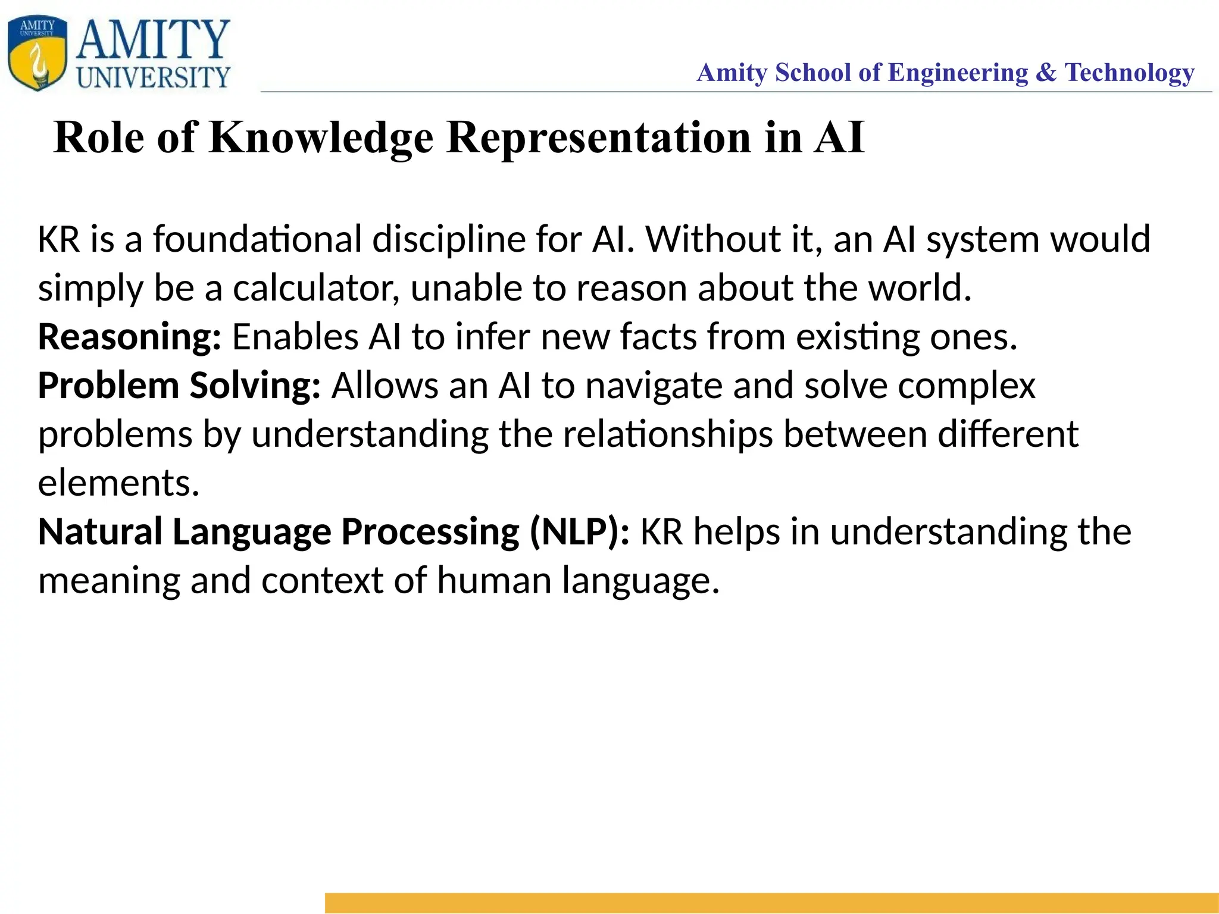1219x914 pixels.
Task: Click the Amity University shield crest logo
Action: point(37,54)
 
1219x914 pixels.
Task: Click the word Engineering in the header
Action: point(958,73)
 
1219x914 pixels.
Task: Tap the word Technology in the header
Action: point(1129,73)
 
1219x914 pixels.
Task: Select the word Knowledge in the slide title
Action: point(321,138)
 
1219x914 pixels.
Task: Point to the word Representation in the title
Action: point(599,138)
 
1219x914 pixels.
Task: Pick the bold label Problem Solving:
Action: point(179,386)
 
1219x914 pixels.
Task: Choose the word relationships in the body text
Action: point(667,434)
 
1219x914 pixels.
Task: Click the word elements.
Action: point(118,483)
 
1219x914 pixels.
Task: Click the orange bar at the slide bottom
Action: point(771,902)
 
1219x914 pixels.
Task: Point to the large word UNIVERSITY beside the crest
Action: point(153,77)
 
